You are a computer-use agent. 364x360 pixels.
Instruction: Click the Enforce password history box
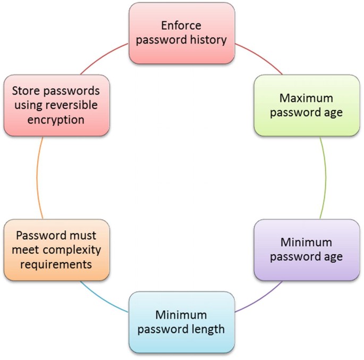(182, 33)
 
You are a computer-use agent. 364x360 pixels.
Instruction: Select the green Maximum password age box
(307, 105)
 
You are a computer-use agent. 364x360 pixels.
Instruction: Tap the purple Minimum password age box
(307, 250)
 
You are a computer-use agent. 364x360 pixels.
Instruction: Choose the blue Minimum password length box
(182, 322)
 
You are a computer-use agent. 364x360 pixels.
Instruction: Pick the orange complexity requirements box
(57, 250)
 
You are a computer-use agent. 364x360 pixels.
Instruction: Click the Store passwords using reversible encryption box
(57, 105)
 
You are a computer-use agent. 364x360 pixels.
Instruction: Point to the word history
(206, 40)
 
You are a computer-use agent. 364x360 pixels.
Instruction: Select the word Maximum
(307, 98)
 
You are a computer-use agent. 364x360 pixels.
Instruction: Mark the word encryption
(57, 120)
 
